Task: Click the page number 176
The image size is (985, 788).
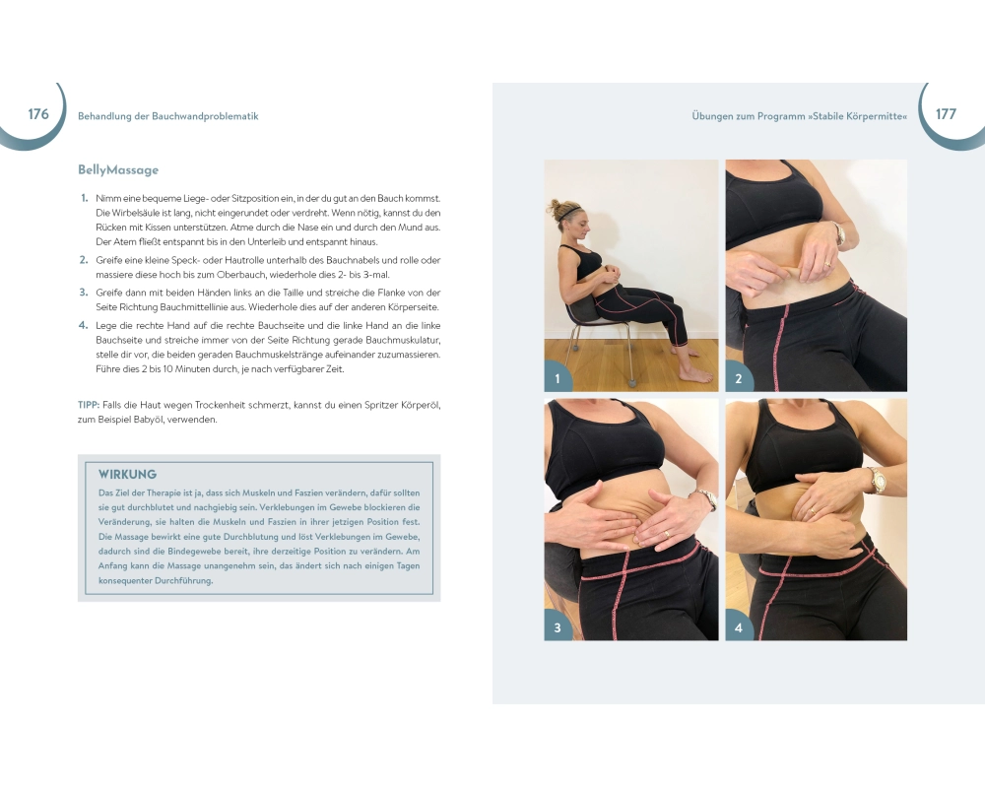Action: [x=38, y=113]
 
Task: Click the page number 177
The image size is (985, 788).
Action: [x=946, y=113]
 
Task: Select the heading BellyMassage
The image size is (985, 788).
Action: [x=118, y=169]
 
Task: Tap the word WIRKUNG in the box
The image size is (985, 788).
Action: [x=127, y=475]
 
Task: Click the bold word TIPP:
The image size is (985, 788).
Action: [x=89, y=405]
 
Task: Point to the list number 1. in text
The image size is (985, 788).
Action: [x=84, y=198]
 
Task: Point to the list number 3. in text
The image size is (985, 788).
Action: [x=84, y=293]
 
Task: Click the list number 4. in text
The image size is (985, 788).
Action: [x=84, y=325]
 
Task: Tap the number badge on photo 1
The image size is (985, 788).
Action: [x=558, y=378]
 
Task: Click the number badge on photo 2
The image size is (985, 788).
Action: [x=739, y=378]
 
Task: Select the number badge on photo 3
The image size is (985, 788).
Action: [x=558, y=627]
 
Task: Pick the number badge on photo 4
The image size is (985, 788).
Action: [x=739, y=627]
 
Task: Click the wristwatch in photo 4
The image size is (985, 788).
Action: [x=876, y=480]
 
